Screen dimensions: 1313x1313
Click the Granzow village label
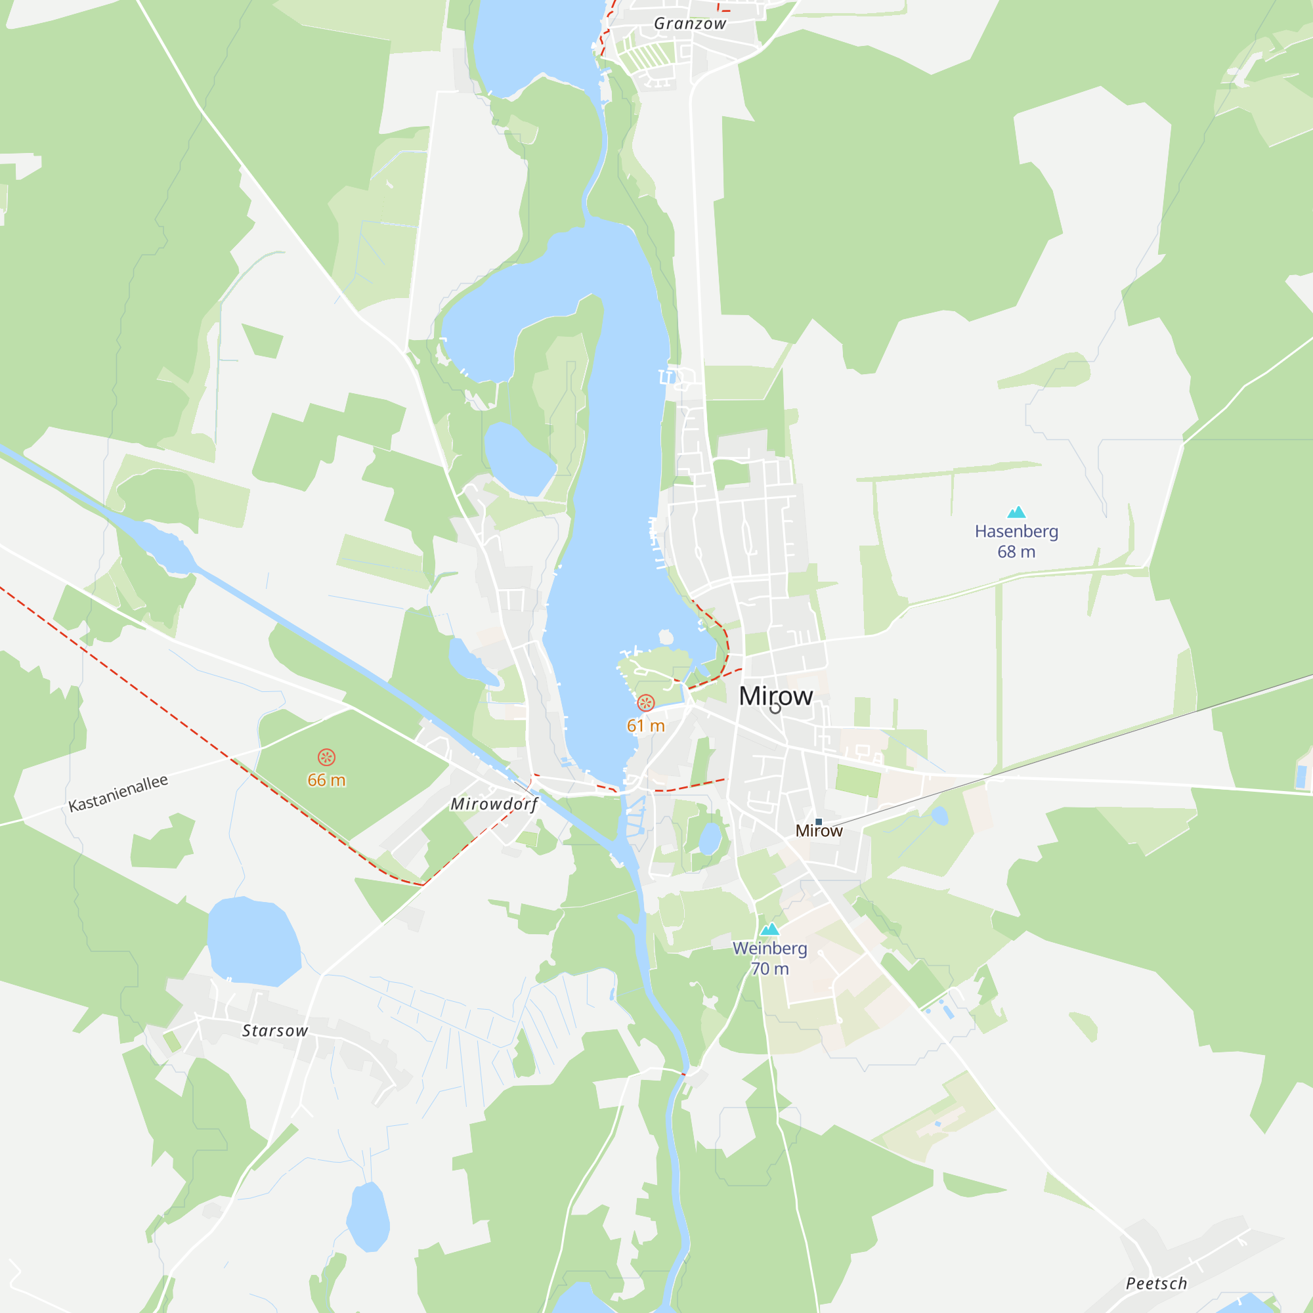point(690,24)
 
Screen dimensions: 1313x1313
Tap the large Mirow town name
point(775,695)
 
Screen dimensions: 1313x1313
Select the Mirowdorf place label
point(494,804)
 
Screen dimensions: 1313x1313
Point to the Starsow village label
point(275,1031)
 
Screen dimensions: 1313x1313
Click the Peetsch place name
point(1156,1283)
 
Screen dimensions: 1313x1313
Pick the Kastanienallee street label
point(118,793)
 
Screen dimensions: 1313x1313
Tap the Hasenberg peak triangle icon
point(1016,512)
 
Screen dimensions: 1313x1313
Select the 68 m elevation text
point(1016,552)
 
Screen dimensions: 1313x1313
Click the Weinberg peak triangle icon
point(769,929)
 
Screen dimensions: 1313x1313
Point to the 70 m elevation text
point(769,969)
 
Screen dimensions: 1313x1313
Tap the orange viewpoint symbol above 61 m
point(645,702)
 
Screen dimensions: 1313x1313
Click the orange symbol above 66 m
point(326,757)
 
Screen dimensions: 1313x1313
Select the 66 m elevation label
point(326,780)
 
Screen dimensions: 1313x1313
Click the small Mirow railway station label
point(819,831)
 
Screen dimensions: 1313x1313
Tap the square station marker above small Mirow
point(819,822)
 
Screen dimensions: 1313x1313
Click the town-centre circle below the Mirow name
point(775,708)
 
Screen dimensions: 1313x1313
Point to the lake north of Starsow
point(253,941)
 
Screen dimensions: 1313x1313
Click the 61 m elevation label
point(645,726)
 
